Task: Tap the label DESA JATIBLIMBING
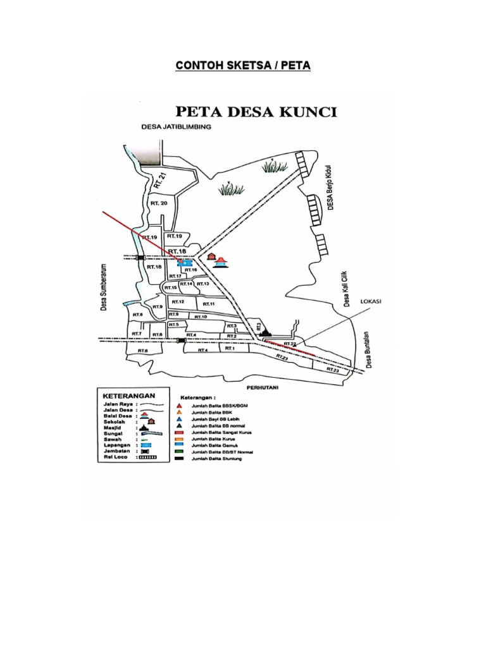(x=176, y=128)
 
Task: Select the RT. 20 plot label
(x=159, y=203)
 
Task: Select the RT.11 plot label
(x=209, y=305)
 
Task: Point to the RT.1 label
(x=229, y=348)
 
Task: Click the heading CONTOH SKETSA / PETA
(x=243, y=66)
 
